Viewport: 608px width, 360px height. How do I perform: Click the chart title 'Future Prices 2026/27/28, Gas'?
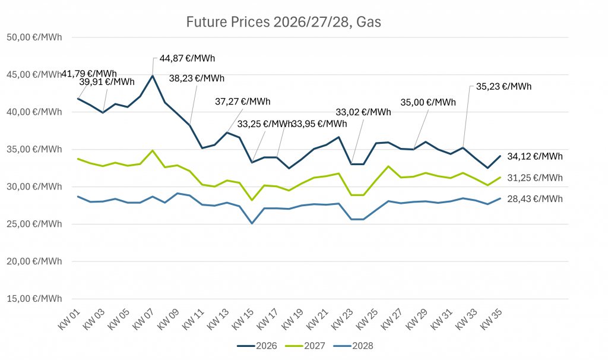click(x=283, y=23)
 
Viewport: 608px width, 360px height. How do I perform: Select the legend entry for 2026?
click(x=257, y=345)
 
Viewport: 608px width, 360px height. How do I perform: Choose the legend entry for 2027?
click(x=305, y=345)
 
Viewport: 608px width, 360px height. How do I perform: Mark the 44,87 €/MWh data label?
click(x=187, y=58)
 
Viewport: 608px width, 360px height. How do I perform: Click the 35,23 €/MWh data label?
click(x=503, y=86)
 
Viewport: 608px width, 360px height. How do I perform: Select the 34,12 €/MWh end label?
click(x=534, y=157)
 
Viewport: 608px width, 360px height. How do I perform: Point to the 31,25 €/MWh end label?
click(x=534, y=178)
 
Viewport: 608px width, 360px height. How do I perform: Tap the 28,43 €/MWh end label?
click(x=534, y=199)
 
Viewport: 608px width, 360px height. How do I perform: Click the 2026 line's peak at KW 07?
click(x=153, y=75)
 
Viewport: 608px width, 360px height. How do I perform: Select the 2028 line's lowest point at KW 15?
click(x=252, y=223)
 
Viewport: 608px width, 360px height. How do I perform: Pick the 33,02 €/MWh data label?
click(x=363, y=112)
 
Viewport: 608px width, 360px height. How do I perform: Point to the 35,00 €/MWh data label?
click(x=428, y=102)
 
